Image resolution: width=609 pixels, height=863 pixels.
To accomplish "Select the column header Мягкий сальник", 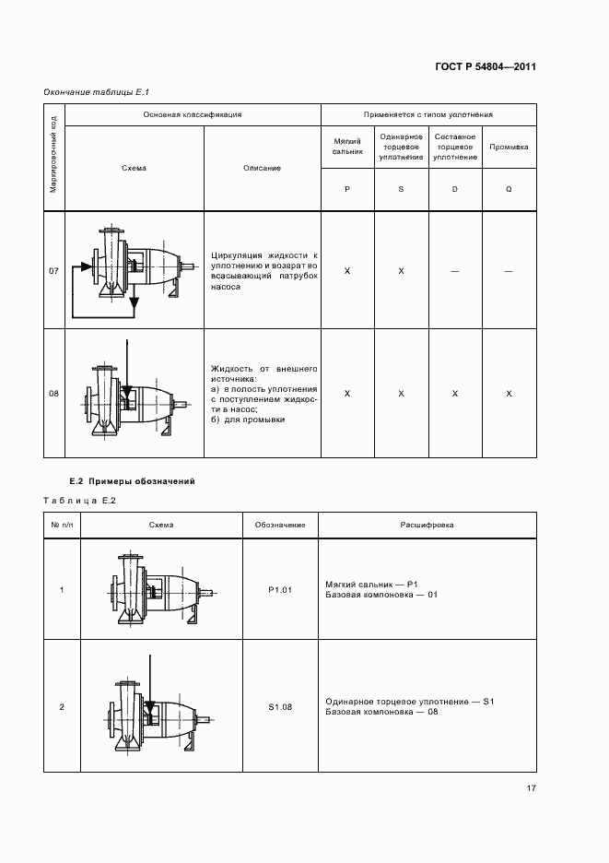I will (x=347, y=147).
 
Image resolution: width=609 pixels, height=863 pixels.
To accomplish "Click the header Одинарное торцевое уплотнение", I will (x=401, y=147).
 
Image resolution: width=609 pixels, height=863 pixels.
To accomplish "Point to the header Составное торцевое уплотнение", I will (x=455, y=147).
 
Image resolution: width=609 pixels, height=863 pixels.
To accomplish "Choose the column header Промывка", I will (x=509, y=147).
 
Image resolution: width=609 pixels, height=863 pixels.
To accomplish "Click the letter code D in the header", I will (x=455, y=189).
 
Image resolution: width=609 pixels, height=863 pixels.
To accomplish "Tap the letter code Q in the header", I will (x=509, y=189).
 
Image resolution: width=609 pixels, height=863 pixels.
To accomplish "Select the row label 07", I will (x=53, y=271).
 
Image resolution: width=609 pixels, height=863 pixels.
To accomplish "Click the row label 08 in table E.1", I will (x=53, y=394).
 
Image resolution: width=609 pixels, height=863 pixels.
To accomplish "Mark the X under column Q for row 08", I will (x=509, y=394).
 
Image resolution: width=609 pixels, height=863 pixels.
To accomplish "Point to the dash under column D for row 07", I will (x=455, y=271).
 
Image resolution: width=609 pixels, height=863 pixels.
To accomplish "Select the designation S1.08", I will (x=280, y=707).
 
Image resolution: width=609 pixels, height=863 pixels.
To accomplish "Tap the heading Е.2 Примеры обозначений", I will (x=133, y=482).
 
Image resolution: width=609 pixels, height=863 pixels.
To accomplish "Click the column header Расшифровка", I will (x=427, y=525).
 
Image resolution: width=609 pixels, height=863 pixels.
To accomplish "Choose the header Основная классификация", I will (x=192, y=114).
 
